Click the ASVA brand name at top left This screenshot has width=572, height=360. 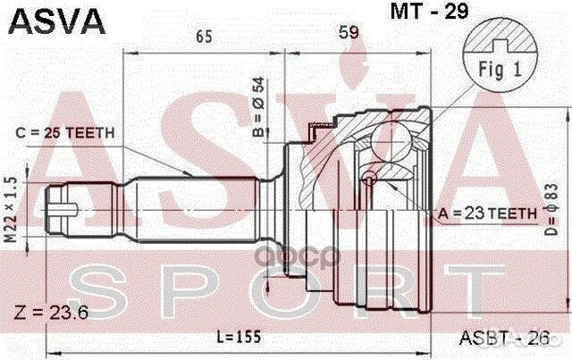tap(55, 19)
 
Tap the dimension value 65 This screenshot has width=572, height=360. tap(203, 36)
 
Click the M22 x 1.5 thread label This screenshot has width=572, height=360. tap(12, 213)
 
